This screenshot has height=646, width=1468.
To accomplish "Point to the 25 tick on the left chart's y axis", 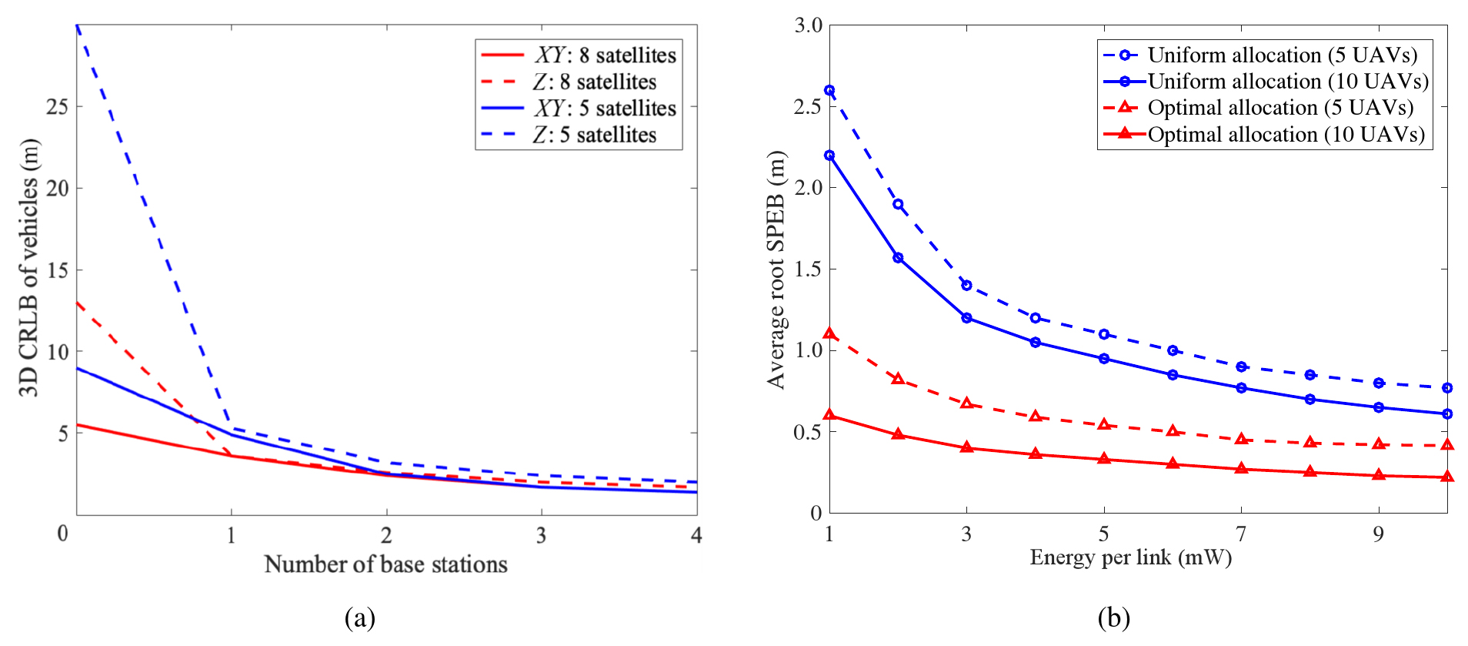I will (57, 106).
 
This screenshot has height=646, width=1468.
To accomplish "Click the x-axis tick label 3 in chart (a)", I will (541, 535).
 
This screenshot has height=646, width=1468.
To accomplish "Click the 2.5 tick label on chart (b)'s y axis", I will (808, 106).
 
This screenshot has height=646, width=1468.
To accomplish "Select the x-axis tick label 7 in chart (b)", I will (1241, 534).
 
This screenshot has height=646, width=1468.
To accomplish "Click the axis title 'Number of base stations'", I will (385, 564).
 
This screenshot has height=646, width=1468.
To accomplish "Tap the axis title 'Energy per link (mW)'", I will (1130, 557).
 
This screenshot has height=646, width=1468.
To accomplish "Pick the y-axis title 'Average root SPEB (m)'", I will (776, 269).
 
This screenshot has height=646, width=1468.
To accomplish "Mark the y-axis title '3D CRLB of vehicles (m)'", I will (28, 268).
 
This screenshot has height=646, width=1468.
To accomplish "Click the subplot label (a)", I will (360, 618).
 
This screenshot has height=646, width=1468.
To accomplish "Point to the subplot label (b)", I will (1113, 618).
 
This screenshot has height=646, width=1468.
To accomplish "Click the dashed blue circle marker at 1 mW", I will (829, 90).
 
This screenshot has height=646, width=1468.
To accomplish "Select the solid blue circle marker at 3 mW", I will (966, 318).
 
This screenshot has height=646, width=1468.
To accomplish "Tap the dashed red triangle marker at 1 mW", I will (829, 333).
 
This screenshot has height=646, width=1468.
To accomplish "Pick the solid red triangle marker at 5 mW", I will (1104, 459).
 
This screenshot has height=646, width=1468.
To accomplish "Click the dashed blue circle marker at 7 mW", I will (1241, 367).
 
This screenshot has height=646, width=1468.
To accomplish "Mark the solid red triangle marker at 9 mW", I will (1379, 475).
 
